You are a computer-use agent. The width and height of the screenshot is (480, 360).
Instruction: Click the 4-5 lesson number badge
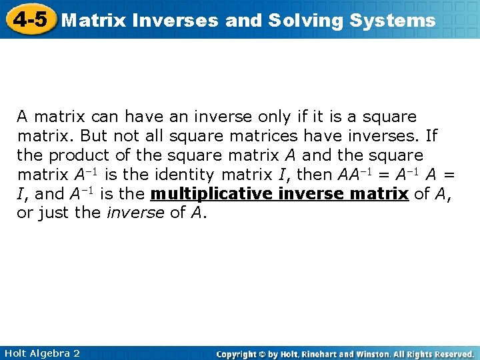30,19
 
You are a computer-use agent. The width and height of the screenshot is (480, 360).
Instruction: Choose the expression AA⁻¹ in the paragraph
350,175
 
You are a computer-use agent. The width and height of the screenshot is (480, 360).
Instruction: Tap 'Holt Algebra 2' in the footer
41,353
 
